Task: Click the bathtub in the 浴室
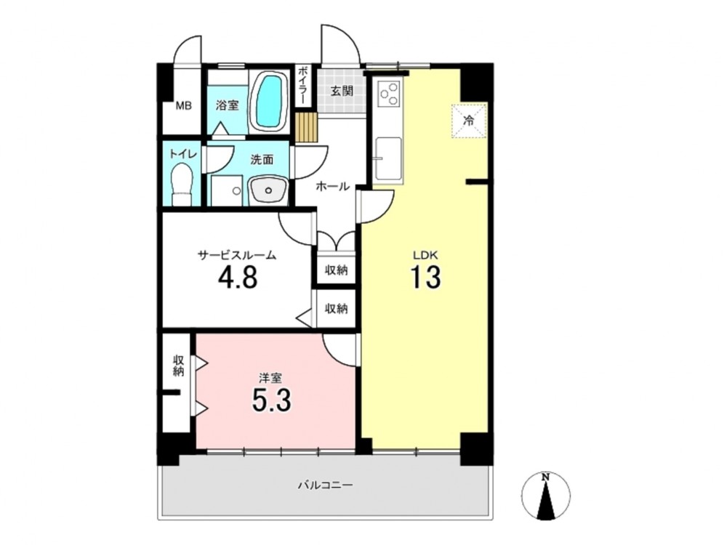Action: pos(270,102)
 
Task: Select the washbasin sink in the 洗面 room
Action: pos(268,190)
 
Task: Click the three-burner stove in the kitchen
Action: pos(390,93)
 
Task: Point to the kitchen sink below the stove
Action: pos(388,158)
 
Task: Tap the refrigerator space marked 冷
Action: pos(469,121)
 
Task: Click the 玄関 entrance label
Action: pos(342,91)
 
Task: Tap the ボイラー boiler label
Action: pos(302,85)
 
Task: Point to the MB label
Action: pos(184,106)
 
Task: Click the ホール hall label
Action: pos(332,186)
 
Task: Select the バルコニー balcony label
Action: pos(325,485)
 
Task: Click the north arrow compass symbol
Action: pos(546,495)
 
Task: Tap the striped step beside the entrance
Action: pos(306,126)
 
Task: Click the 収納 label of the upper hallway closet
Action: pos(336,270)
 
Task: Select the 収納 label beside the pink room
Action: pos(179,366)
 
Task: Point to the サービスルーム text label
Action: pos(237,254)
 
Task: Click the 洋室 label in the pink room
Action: pos(270,378)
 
